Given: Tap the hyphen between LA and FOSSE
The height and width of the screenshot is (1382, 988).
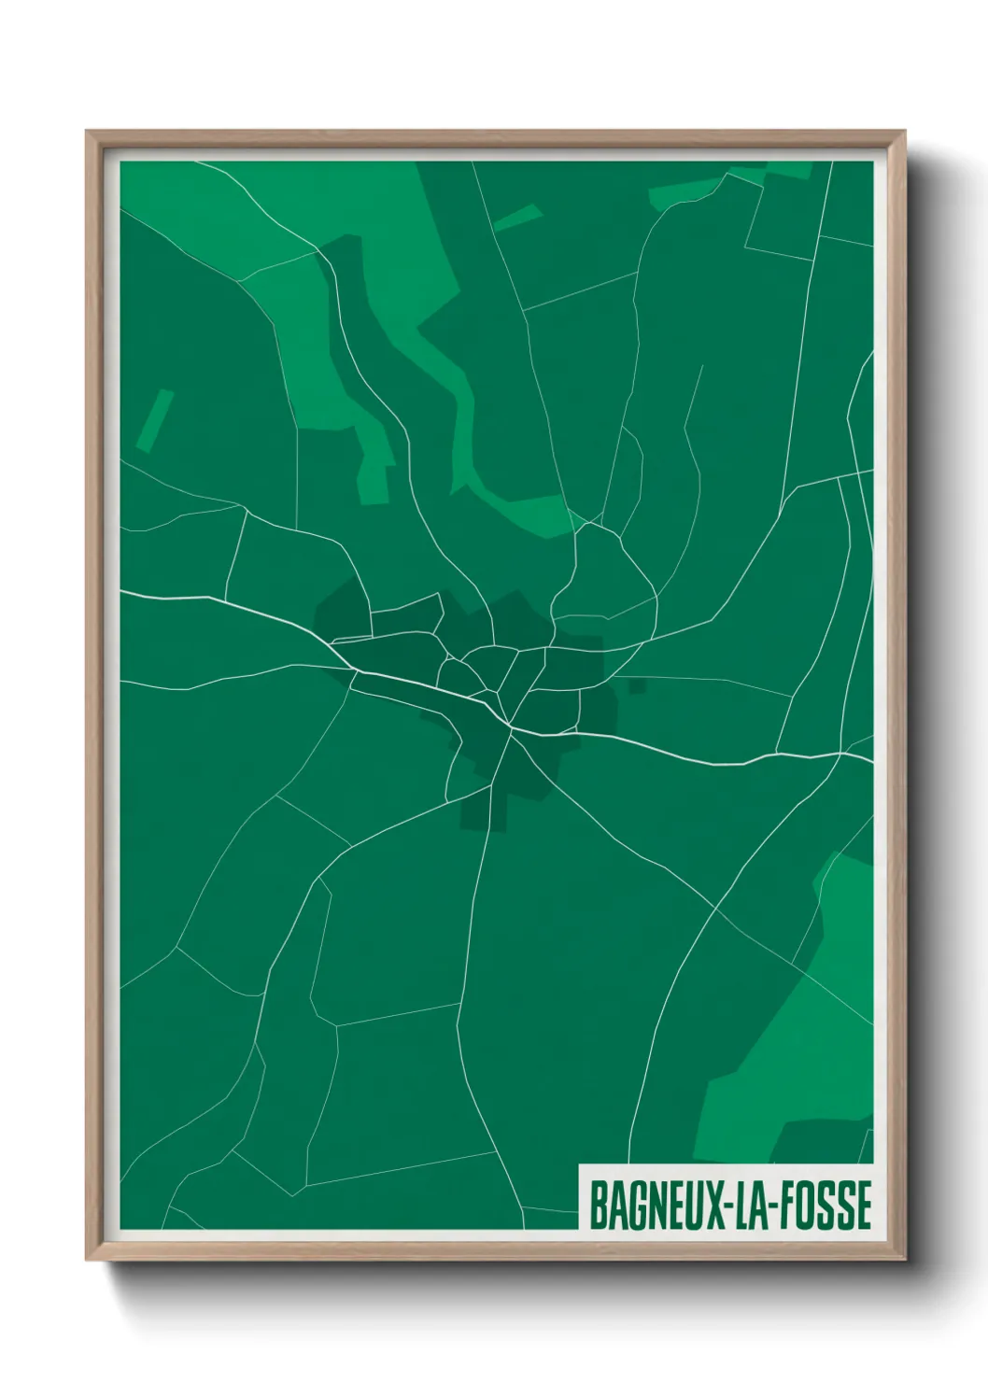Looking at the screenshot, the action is point(774,1206).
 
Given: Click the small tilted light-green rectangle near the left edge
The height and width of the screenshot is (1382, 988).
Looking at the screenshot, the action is point(155,421).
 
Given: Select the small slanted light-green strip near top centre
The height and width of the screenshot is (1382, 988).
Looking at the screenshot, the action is point(517,218).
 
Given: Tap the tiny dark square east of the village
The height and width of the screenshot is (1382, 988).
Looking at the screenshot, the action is point(637,685).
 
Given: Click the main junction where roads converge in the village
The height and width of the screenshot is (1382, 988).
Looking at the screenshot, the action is point(511,726).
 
